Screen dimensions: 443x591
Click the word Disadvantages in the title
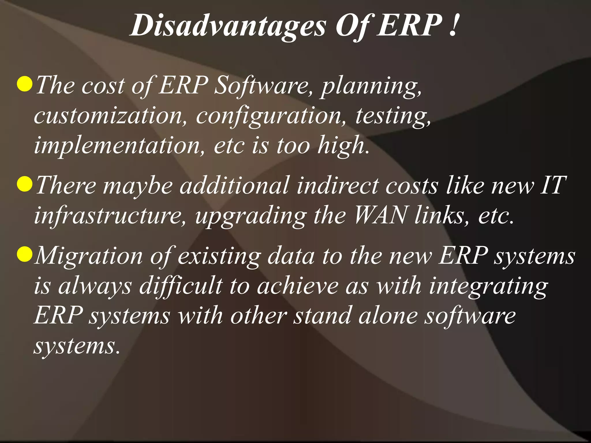click(x=228, y=26)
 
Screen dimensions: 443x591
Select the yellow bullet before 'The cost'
click(x=24, y=84)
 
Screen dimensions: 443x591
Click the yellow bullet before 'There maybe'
click(x=24, y=184)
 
